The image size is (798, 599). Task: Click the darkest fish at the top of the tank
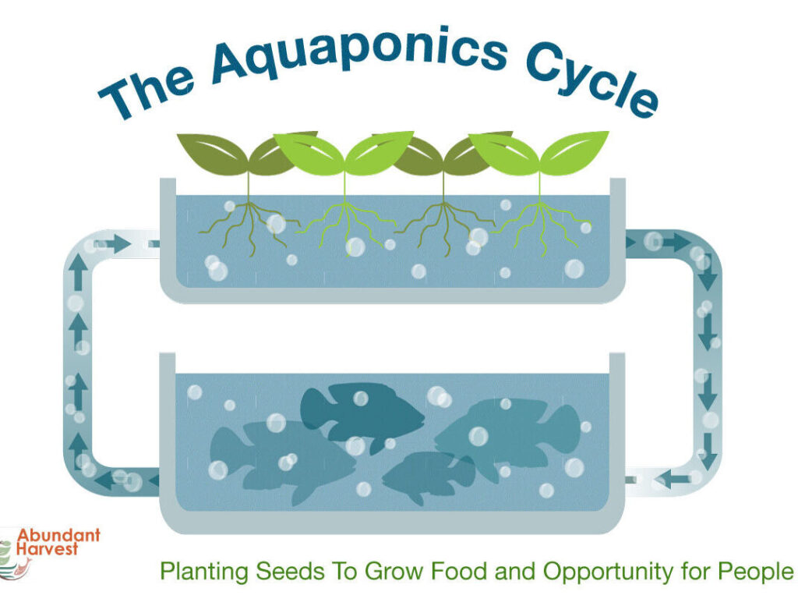[x=362, y=415]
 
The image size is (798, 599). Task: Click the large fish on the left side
[x=282, y=461]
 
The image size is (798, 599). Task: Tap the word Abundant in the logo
[x=58, y=535]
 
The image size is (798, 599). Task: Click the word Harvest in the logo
[x=47, y=548]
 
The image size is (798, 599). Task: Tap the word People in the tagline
[x=756, y=572]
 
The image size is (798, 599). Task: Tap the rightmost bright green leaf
[x=574, y=152]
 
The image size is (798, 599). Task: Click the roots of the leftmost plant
[x=249, y=227]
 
